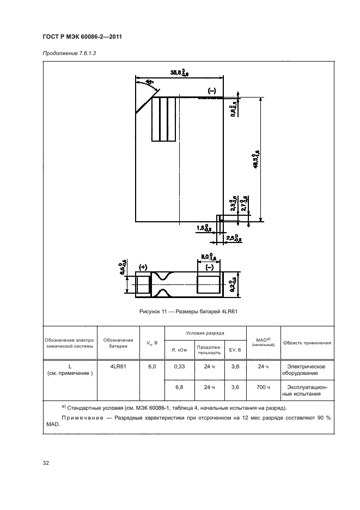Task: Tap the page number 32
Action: (x=46, y=463)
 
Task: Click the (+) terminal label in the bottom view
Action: (x=144, y=267)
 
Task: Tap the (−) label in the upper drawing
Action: (x=211, y=90)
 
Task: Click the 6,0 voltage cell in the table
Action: (x=152, y=367)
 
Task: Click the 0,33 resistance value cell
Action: (x=180, y=367)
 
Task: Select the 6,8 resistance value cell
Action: (x=180, y=387)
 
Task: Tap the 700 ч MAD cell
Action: (x=264, y=387)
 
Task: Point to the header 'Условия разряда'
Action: (x=204, y=332)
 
